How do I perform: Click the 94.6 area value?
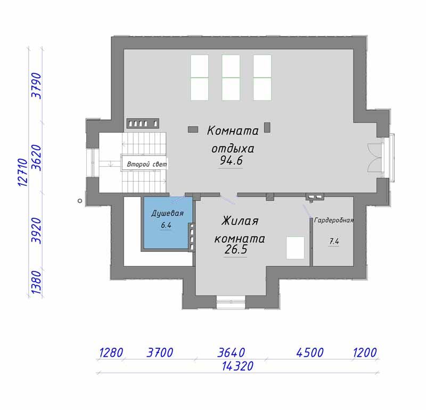click(231, 161)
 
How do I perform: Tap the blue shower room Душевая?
click(167, 222)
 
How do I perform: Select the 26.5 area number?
click(236, 250)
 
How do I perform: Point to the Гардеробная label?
click(334, 220)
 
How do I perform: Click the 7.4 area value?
click(334, 241)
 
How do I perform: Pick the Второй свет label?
click(147, 165)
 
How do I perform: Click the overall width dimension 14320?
click(237, 366)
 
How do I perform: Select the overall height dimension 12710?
click(23, 173)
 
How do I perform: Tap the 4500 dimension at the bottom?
click(310, 352)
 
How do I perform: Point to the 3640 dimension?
click(231, 352)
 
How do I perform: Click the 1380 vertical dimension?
click(37, 282)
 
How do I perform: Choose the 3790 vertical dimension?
click(37, 86)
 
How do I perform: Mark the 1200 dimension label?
click(365, 352)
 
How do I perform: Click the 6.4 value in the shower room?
click(166, 225)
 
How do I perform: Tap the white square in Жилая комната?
click(296, 248)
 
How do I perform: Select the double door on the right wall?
click(375, 158)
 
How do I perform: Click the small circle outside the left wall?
click(80, 201)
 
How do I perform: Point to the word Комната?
click(233, 131)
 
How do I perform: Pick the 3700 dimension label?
click(160, 352)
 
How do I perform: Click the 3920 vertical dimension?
click(37, 231)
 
